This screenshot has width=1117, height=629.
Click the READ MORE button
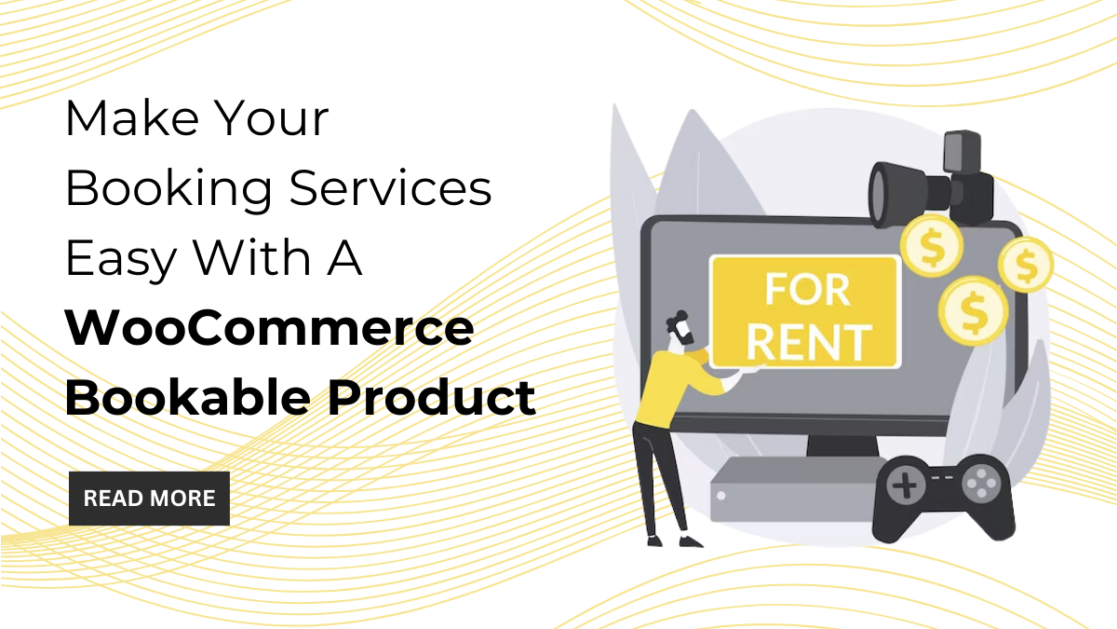point(149,499)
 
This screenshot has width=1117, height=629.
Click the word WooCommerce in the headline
point(269,328)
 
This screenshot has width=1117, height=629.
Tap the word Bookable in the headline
point(188,397)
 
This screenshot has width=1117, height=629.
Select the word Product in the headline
point(431,397)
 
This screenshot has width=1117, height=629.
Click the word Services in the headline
point(391,187)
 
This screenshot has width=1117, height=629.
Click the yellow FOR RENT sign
point(805,312)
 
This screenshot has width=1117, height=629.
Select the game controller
point(944,498)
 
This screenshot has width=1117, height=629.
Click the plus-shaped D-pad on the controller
point(904,485)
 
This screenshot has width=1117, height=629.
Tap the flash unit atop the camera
point(962,151)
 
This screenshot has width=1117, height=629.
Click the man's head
point(680,329)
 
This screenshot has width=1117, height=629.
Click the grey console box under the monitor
point(793,490)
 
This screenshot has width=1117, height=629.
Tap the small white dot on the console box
point(721,496)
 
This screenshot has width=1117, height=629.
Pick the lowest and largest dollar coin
point(973,310)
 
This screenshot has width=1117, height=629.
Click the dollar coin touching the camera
point(931,246)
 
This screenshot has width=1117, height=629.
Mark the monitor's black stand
point(841,445)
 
